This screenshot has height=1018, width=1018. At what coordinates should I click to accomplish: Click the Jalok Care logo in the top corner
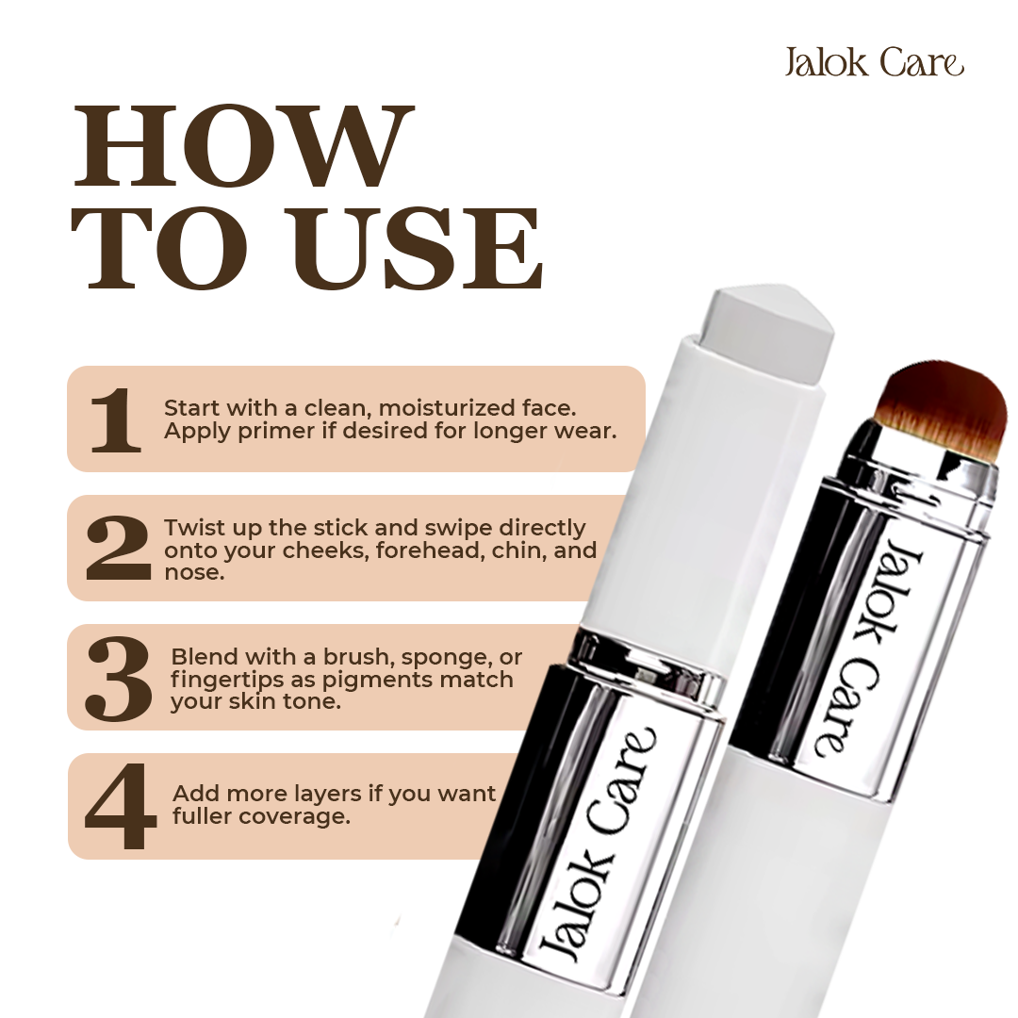pos(874,62)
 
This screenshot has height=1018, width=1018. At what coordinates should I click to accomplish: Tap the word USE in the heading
pos(419,248)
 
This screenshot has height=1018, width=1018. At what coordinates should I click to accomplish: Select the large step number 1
pos(116,419)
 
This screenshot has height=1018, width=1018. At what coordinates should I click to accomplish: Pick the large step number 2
pos(118,548)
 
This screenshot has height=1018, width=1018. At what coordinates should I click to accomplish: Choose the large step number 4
pos(121,806)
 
